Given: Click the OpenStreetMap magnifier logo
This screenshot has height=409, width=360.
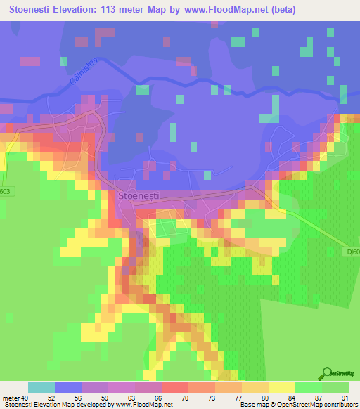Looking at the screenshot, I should coord(327,374).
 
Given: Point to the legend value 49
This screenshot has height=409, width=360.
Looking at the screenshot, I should coord(25,398).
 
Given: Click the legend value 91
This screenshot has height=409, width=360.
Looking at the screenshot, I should coord(344,398).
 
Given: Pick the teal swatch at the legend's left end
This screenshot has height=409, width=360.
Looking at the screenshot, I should coord(41,387).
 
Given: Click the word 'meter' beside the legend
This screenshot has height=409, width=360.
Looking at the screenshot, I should coord(11,398).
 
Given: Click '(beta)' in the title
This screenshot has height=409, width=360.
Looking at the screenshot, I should coord(281,10).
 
